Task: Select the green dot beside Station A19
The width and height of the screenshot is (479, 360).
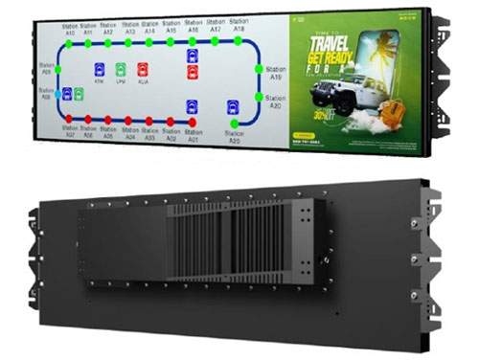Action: pyautogui.click(x=259, y=69)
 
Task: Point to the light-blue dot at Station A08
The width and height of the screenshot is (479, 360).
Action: pyautogui.click(x=56, y=93)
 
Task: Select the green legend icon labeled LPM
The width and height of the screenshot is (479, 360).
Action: pyautogui.click(x=121, y=70)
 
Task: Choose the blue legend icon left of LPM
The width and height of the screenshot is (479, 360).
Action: pyautogui.click(x=100, y=70)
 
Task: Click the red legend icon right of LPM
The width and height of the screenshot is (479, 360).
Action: pyautogui.click(x=142, y=70)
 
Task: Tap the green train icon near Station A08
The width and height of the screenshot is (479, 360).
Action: pyautogui.click(x=79, y=93)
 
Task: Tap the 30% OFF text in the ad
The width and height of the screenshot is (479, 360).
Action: pyautogui.click(x=311, y=114)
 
